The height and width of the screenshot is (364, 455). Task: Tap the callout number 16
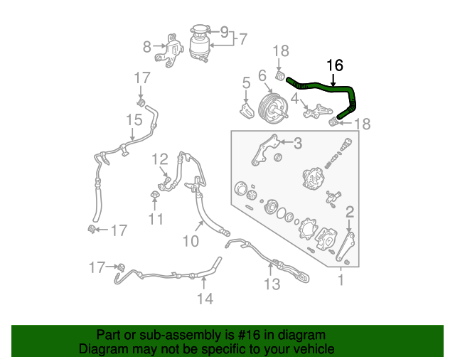click(334, 65)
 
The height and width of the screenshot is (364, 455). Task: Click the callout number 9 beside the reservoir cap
click(224, 32)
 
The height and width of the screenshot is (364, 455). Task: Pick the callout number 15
click(134, 121)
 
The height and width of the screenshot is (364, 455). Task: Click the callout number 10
click(190, 242)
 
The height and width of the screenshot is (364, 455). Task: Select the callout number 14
click(204, 299)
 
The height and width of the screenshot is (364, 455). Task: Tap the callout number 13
click(272, 285)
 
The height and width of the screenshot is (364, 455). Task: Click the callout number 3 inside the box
click(297, 144)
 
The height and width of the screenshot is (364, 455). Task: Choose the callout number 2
click(350, 211)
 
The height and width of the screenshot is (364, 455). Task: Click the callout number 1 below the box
click(340, 280)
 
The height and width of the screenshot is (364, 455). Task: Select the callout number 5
click(246, 83)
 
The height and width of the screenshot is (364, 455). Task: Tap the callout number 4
click(294, 100)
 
